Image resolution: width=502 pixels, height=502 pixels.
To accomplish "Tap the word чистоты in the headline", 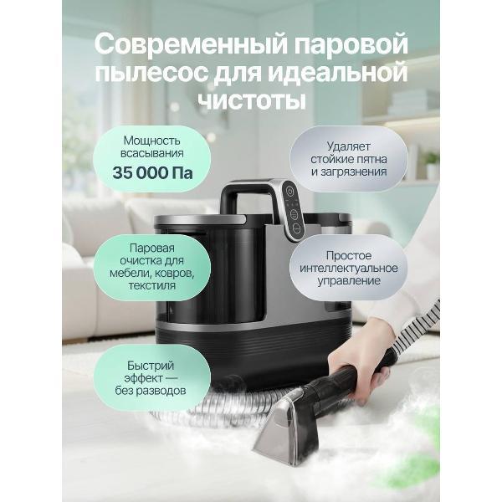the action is [x=251, y=100].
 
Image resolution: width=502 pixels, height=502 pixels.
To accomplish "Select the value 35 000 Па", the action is [x=152, y=173].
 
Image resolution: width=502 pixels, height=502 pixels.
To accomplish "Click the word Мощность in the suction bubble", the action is [x=152, y=141].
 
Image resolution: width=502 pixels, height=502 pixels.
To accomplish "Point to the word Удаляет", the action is [x=349, y=146].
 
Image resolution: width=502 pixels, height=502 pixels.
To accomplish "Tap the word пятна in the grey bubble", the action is [x=371, y=160].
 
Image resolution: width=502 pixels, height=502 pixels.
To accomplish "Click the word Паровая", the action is [x=152, y=248].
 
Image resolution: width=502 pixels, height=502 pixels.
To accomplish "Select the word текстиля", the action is [x=152, y=285].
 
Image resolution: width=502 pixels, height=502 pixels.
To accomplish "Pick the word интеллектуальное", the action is [x=349, y=269].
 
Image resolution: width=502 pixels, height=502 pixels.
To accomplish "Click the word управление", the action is [x=349, y=281].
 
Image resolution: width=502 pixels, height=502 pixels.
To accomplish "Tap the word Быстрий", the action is [x=151, y=366].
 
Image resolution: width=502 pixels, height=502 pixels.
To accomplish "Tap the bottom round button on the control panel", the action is [x=297, y=228].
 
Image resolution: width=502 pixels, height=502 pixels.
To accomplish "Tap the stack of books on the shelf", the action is [x=413, y=102].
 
